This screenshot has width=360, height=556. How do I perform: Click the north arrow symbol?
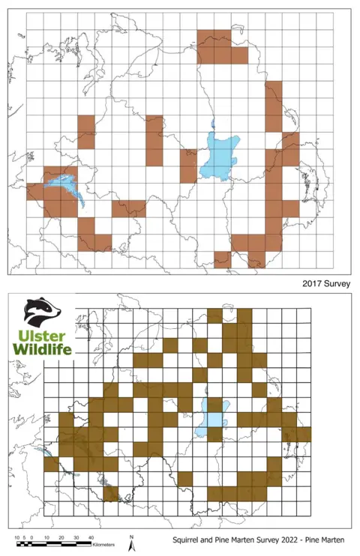132,544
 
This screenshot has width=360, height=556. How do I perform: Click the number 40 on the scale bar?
90,537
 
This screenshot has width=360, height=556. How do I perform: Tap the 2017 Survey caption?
326,284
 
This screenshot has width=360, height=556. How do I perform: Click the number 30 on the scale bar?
76,537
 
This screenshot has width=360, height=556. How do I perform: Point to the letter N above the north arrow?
132,536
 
